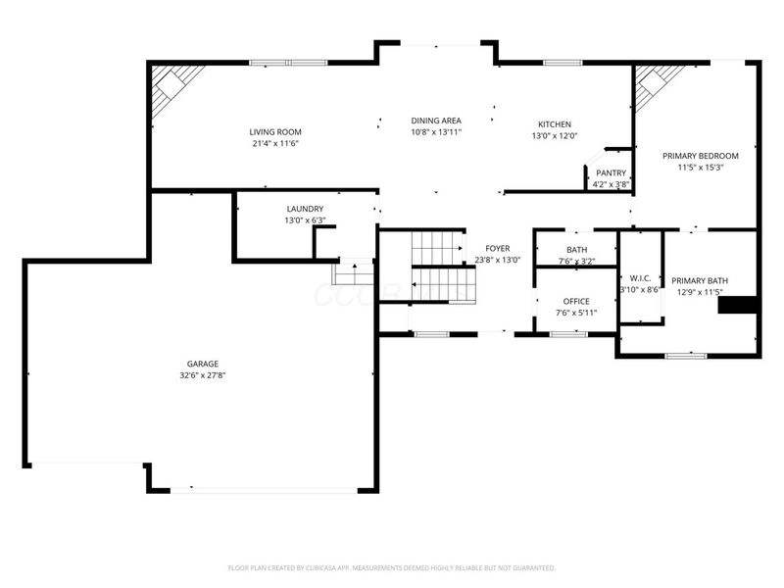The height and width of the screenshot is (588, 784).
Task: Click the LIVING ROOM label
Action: click(x=274, y=131)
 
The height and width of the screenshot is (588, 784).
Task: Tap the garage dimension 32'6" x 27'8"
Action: click(x=203, y=375)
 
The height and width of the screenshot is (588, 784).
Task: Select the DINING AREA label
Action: click(x=436, y=121)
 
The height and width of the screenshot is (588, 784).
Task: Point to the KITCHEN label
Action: click(x=554, y=124)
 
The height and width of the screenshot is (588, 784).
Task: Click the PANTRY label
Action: click(x=611, y=172)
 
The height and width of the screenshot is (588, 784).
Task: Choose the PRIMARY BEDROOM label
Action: click(x=700, y=156)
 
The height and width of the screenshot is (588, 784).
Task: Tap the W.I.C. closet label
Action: click(x=641, y=277)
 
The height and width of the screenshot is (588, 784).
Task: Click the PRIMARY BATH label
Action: click(x=696, y=279)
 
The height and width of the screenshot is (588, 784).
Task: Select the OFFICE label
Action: click(x=575, y=301)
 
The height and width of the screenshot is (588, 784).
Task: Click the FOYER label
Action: click(x=497, y=248)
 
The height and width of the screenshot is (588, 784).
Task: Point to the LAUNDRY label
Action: click(x=305, y=209)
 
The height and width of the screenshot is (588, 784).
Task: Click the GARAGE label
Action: click(x=203, y=364)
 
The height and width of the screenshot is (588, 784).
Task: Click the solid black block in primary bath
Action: click(x=738, y=306)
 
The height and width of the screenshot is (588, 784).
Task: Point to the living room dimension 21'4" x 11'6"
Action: click(x=274, y=143)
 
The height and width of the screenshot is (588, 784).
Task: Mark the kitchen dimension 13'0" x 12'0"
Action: click(x=554, y=136)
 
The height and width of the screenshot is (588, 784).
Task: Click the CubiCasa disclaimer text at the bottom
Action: click(x=392, y=567)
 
